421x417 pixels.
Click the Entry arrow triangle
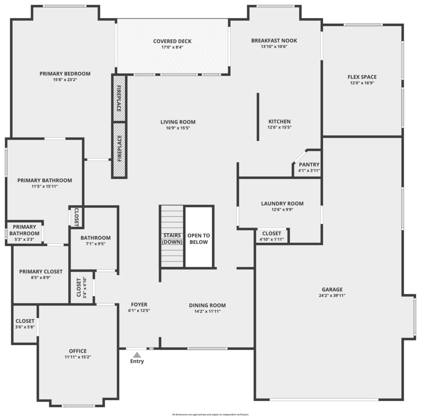137,355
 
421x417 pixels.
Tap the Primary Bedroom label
65,74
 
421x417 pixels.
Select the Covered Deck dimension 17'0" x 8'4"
172,47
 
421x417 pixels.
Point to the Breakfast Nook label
274,41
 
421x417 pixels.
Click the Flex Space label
362,77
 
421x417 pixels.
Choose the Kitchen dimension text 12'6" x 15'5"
280,127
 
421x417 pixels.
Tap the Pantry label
309,164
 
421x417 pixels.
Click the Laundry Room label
282,203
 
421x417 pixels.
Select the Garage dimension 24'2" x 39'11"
332,295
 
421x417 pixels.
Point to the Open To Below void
199,237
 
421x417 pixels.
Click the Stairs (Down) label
172,239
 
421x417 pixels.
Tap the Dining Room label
207,305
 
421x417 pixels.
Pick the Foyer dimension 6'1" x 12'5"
139,311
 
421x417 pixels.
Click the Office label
78,351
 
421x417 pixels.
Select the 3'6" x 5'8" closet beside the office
25,324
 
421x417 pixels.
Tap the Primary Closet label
41,272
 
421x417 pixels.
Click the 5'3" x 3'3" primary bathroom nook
24,233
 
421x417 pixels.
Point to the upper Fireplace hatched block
119,99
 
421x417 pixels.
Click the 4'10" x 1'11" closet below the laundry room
271,236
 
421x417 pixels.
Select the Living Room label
178,122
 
